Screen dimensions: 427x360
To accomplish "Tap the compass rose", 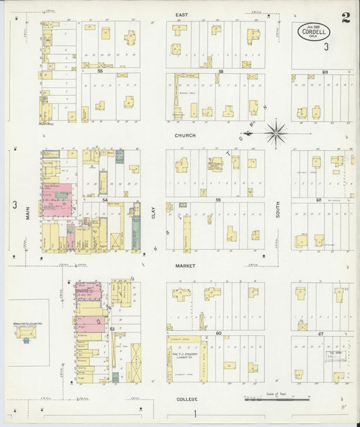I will [x=276, y=132].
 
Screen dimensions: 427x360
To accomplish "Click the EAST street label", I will [x=180, y=14].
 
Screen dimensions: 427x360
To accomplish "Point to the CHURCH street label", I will [x=184, y=135].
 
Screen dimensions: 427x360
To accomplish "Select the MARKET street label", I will [x=185, y=266].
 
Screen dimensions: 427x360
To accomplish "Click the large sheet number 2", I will [x=345, y=18].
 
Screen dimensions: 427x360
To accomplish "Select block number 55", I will [x=100, y=70].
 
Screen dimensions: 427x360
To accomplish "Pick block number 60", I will [x=219, y=333].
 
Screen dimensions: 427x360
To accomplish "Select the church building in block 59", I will [x=215, y=164].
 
